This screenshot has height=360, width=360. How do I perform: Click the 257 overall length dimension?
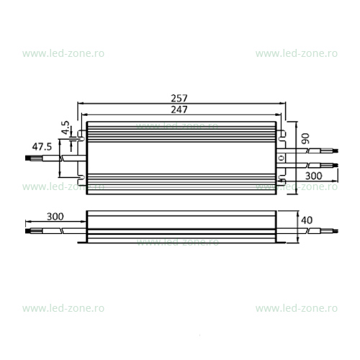click(x=179, y=98)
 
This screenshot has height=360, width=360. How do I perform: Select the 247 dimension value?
click(x=179, y=109)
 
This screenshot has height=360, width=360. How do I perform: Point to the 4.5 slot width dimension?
click(x=66, y=128)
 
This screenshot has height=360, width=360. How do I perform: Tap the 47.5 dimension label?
click(x=42, y=147)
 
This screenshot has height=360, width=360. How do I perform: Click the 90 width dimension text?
click(x=305, y=138)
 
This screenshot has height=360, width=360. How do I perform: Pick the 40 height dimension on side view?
click(x=307, y=220)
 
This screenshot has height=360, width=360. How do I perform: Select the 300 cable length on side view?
click(x=55, y=217)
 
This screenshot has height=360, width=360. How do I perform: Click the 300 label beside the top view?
click(x=313, y=176)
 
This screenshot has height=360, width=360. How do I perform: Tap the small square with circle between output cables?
click(x=281, y=158)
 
